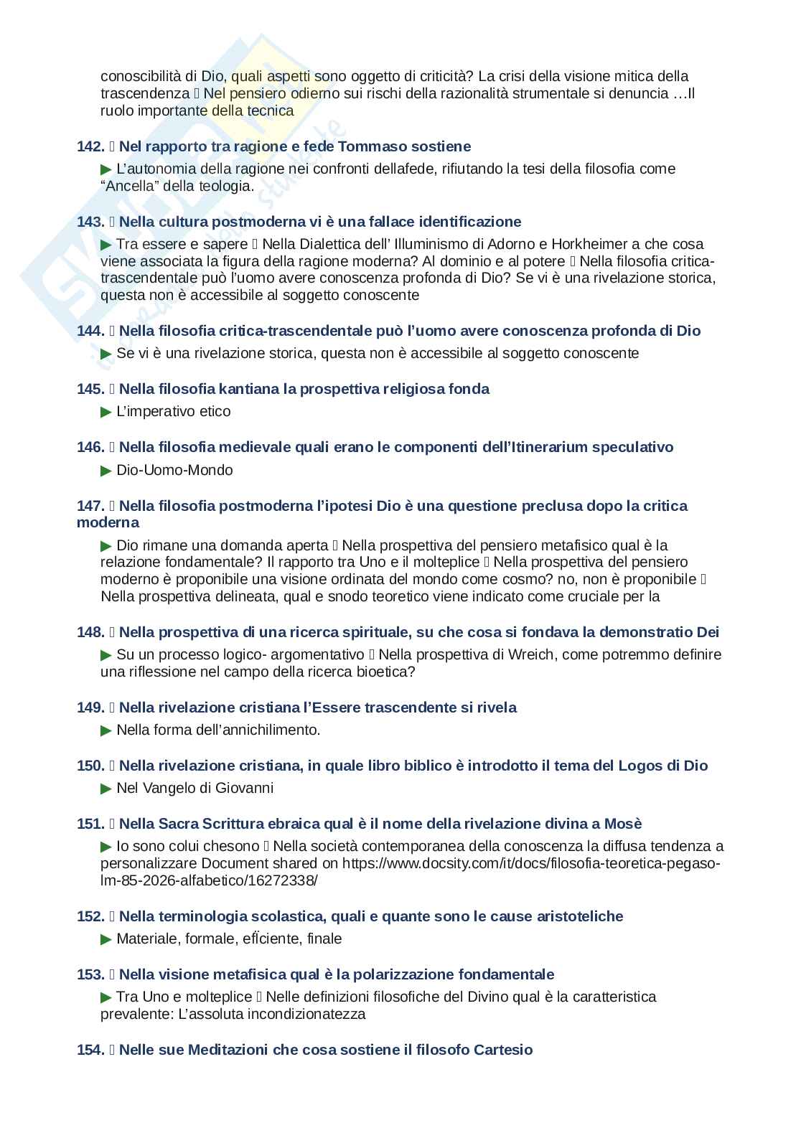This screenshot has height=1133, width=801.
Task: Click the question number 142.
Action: click(x=90, y=146)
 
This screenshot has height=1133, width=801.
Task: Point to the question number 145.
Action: click(x=90, y=389)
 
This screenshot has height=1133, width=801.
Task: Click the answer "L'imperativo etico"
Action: click(x=173, y=412)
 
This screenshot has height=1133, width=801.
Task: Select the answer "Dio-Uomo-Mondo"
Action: click(x=174, y=471)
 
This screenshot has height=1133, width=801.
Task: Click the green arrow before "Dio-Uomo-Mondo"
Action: click(x=106, y=471)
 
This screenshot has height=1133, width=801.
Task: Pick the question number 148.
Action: click(x=90, y=632)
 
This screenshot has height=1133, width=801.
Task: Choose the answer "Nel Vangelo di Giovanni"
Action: click(x=195, y=789)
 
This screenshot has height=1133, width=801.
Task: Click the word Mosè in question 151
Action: click(x=623, y=824)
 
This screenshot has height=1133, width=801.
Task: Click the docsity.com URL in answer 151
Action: click(x=531, y=864)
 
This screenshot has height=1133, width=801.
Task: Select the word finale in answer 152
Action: click(x=324, y=939)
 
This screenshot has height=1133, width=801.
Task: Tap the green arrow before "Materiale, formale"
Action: click(x=106, y=939)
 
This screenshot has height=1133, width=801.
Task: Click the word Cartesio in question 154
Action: click(x=503, y=1050)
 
